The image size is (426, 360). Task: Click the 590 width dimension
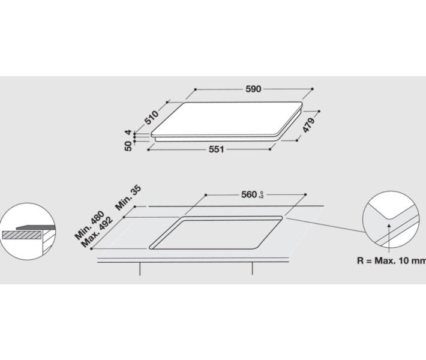coord(253,89)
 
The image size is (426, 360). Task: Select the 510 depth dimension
coord(151,118)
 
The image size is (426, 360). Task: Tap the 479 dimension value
coord(309,125)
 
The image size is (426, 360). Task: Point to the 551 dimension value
coord(216,149)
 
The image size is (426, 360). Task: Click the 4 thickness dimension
coord(128,133)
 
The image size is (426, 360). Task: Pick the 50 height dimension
coord(128,146)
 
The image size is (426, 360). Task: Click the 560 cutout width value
coord(249,194)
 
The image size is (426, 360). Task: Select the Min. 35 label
coord(128,197)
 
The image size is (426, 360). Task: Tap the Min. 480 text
coord(89,225)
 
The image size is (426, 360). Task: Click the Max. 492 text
coord(97,232)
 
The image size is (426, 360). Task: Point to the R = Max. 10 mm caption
coord(391,260)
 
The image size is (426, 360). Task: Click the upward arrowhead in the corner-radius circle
coord(389,226)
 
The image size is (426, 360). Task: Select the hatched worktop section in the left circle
coord(22,235)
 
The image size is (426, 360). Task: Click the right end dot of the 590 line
coord(313,89)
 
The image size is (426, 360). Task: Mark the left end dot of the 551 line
coord(148,150)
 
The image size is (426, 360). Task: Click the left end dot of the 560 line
coord(206,195)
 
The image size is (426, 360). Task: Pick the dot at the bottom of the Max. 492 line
coord(91,248)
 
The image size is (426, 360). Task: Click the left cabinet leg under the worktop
coord(140,269)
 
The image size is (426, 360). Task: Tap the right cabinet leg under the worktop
coord(252,269)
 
